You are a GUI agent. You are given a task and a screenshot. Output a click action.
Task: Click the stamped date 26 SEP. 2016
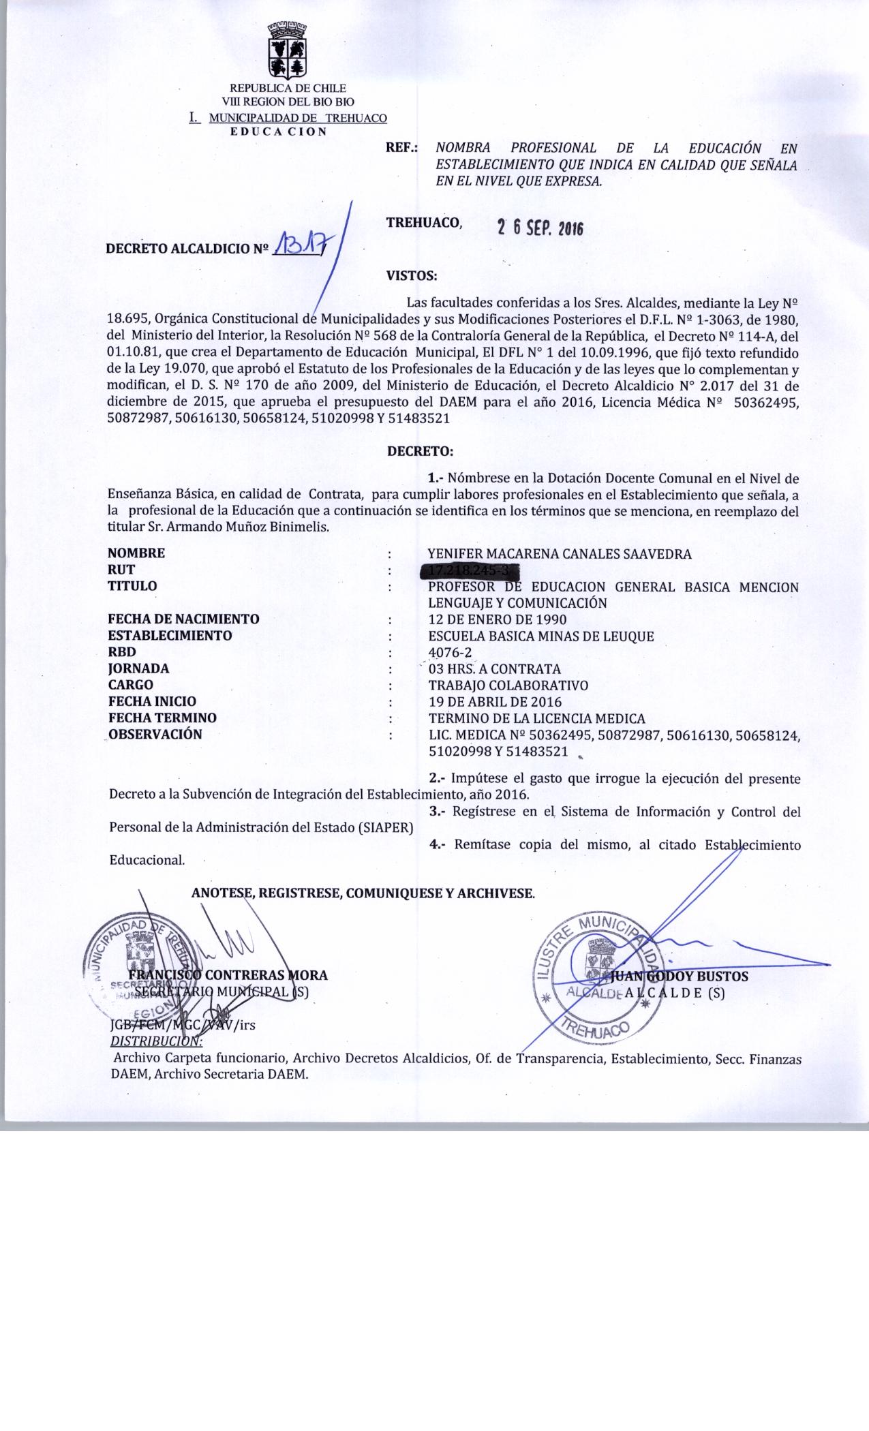point(540,229)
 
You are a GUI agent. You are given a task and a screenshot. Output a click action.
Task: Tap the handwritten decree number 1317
point(297,243)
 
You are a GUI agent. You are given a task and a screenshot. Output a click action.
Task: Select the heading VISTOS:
point(411,276)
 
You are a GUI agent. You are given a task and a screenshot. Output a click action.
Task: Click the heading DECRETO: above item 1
point(420,450)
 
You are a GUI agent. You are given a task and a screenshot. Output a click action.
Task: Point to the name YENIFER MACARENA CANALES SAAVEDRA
point(559,554)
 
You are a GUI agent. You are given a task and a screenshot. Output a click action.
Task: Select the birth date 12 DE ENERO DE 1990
point(497,619)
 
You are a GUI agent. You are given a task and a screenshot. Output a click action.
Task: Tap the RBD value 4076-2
point(450,652)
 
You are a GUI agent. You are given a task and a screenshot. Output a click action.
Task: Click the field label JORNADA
point(138,668)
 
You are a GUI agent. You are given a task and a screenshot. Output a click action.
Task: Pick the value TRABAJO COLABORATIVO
point(508,685)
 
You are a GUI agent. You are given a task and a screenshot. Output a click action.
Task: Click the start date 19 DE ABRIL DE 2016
point(495,701)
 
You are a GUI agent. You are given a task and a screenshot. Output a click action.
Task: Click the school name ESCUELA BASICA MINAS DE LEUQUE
point(541,636)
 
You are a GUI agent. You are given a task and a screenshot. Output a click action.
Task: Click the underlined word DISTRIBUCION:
point(155,1041)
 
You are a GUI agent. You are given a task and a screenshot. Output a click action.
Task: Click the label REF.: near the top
point(402,148)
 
